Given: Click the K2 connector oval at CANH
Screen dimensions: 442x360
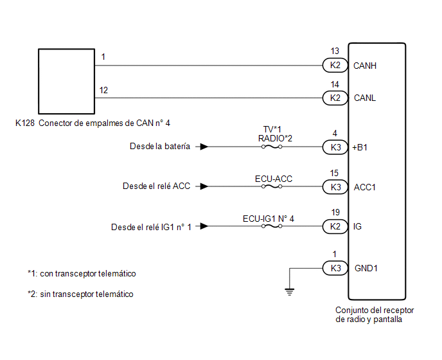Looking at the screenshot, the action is tap(335, 65).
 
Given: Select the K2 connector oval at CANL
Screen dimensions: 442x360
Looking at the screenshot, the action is tap(335, 98).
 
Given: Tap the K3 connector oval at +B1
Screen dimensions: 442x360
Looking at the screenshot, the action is tap(335, 147).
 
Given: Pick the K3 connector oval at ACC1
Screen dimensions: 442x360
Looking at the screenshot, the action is tap(335, 187).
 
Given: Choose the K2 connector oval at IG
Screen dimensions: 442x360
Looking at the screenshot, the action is tap(335, 226).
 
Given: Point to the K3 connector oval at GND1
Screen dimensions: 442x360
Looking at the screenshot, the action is tap(335, 268).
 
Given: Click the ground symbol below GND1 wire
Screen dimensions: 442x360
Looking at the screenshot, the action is tap(290, 292).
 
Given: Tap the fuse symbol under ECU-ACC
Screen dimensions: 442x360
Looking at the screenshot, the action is tap(272, 186).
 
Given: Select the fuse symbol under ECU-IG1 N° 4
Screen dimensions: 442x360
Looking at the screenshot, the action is tap(272, 226).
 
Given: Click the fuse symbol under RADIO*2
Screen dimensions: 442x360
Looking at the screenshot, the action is tap(272, 147).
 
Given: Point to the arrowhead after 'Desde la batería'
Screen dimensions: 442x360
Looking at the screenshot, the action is tap(204, 147).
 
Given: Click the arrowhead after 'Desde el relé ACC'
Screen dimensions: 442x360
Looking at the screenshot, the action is tap(204, 186).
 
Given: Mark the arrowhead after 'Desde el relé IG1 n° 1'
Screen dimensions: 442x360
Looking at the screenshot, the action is tap(204, 226).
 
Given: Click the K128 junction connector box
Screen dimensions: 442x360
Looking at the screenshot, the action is tap(67, 81).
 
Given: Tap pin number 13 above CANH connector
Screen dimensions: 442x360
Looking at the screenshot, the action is tap(335, 51).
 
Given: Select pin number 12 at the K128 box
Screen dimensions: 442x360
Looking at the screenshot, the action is tap(103, 90).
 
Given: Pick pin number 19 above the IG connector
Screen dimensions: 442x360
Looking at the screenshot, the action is tap(335, 212).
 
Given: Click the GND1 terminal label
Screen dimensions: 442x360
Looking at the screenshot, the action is tap(366, 268).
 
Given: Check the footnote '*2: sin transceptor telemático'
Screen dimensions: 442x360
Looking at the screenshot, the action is tap(80, 294).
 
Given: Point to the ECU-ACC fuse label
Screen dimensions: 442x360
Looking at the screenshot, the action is tap(274, 179).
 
